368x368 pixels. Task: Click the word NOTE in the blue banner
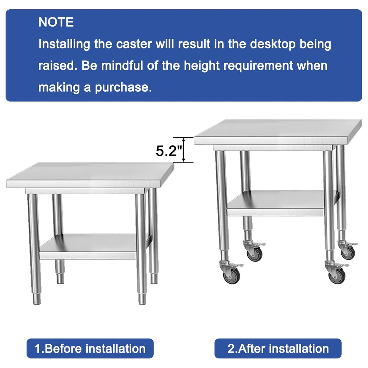coord(56,22)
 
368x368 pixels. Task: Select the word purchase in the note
coord(123,88)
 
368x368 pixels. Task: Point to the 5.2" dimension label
coord(169,151)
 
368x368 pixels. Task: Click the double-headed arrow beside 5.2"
coord(184,150)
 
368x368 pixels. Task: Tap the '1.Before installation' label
coord(90,349)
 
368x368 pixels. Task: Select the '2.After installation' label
coord(278,349)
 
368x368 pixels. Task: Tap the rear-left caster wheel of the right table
coord(254,254)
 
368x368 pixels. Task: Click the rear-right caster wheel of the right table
coord(348,253)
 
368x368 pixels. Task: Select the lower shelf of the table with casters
coord(282,203)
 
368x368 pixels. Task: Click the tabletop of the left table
coord(90,175)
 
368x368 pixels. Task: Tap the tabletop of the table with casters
coord(278,132)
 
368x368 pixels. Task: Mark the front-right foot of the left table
coord(142,298)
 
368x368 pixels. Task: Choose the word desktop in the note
coord(272,44)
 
